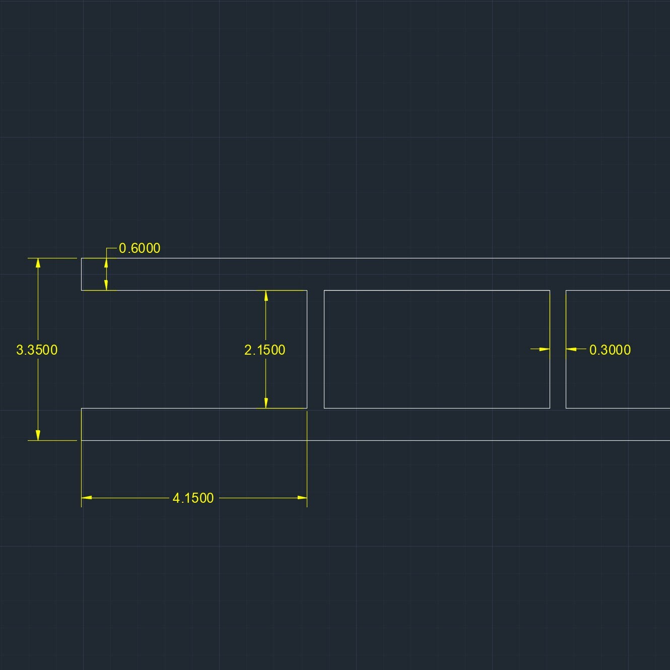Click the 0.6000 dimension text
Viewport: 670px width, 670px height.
[x=140, y=248]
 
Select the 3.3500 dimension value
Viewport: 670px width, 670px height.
[x=37, y=350]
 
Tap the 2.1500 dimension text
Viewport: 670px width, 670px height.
[x=264, y=350]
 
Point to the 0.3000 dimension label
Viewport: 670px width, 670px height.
[x=610, y=350]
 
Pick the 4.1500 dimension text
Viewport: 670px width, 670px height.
[x=193, y=498]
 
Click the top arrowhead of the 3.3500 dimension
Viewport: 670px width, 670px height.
[x=38, y=263]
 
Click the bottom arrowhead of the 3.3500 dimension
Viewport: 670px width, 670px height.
[x=38, y=435]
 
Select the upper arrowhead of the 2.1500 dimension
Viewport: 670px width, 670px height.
[x=266, y=296]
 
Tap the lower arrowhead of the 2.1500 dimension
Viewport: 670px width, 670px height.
[x=266, y=403]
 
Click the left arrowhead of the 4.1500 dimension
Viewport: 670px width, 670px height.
[x=87, y=498]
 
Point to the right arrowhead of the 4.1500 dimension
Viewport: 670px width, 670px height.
[x=302, y=498]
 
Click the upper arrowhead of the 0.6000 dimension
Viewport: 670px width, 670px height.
[x=106, y=263]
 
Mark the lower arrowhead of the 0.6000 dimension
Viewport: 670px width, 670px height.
[x=106, y=285]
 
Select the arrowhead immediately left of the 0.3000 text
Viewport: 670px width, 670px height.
[x=571, y=349]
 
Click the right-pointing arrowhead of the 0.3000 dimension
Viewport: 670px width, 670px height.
[x=544, y=349]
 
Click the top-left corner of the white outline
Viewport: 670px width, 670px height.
[x=82, y=258]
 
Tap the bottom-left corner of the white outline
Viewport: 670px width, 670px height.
[x=82, y=440]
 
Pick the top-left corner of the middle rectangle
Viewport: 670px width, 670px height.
[x=324, y=291]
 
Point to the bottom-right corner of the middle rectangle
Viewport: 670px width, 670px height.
[x=550, y=408]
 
